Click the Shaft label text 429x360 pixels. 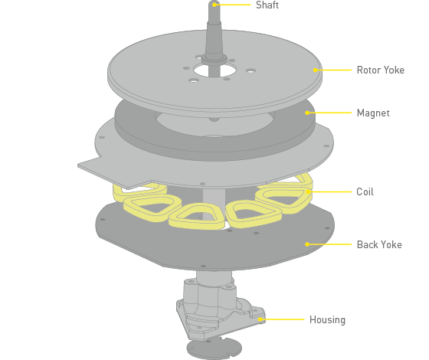coord(267,5)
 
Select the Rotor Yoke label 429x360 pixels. coord(380,70)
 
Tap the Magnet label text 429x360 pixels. coord(373,113)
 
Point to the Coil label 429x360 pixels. coord(365,191)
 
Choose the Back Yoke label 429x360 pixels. coord(379,244)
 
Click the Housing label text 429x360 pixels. coord(327,319)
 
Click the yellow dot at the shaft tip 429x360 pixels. coord(215,5)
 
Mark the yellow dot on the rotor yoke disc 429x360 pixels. coord(315,70)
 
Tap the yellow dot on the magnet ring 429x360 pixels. coord(307,113)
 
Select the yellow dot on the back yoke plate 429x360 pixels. coord(307,244)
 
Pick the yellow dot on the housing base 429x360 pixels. coord(260,319)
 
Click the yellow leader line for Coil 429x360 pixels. coord(330,191)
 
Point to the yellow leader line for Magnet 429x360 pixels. coord(329,113)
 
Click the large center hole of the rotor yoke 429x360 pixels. coord(215,70)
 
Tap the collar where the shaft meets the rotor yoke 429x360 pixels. coord(215,58)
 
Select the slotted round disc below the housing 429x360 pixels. coord(214,349)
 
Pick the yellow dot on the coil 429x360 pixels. coord(308,191)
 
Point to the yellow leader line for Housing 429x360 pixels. coord(283,319)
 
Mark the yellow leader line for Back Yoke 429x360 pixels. coord(329,244)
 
